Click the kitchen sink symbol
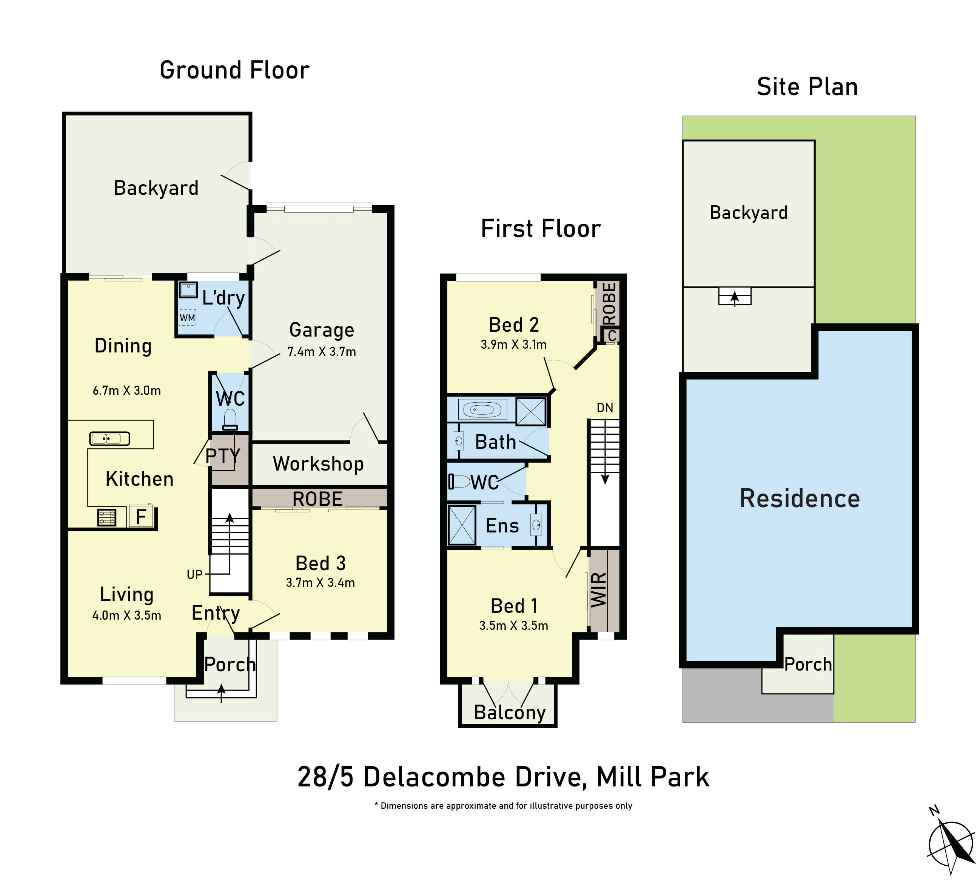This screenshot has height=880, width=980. (110, 438)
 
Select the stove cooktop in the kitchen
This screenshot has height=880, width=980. (107, 517)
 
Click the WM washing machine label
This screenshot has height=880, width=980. (187, 318)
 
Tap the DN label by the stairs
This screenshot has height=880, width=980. (605, 408)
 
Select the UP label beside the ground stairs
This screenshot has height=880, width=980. (194, 574)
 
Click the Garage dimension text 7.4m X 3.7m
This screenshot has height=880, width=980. (322, 352)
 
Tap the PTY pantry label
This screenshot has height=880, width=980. (222, 455)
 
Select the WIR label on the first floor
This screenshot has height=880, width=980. (599, 589)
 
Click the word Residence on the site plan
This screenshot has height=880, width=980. (800, 498)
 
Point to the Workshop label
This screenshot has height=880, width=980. (318, 464)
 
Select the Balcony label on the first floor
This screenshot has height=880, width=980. (510, 712)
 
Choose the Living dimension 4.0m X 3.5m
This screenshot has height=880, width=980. (127, 615)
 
